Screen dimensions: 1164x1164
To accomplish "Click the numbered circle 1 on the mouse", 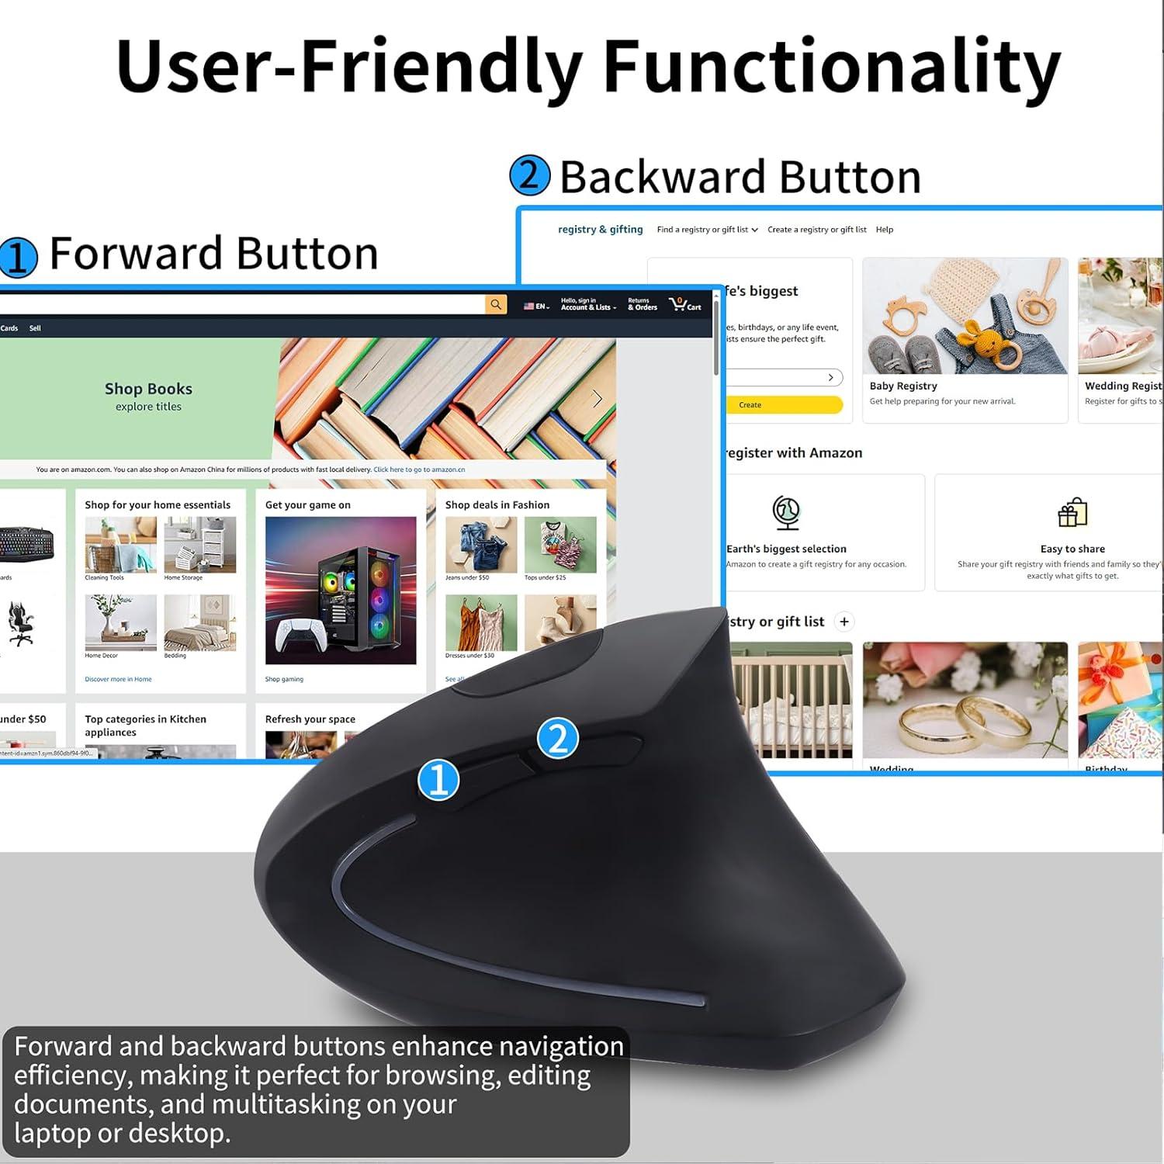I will point(438,779).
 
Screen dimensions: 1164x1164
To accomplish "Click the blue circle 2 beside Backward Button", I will point(529,175).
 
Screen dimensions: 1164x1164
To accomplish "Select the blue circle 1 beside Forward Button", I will point(19,257).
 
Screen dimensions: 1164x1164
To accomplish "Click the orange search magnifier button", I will point(496,304).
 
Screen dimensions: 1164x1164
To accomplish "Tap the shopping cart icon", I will point(678,304).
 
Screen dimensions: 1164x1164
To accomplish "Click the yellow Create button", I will point(784,404).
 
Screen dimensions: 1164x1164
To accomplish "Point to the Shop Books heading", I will point(148,389).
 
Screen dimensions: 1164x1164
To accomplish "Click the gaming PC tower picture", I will point(341,590).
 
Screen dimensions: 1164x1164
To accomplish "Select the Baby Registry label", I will point(903,386).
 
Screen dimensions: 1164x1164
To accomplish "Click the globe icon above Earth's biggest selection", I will point(786,513).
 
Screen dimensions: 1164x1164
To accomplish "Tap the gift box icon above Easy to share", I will point(1072,513).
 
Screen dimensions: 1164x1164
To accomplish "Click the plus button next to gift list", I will point(844,622).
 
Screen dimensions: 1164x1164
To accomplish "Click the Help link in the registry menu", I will point(885,230).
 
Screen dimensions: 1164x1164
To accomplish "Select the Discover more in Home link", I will point(118,679).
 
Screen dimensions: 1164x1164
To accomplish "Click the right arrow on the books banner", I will point(597,399).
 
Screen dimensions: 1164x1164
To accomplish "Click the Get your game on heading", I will point(308,505).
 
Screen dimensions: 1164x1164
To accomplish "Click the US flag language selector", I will point(535,307).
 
